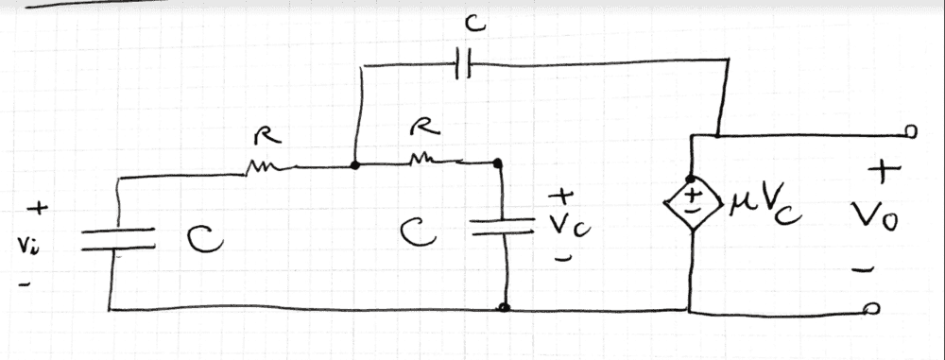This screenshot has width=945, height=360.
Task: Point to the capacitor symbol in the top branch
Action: pyautogui.click(x=463, y=64)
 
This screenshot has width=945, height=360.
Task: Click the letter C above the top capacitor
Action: pyautogui.click(x=475, y=25)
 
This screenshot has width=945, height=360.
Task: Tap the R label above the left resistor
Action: pyautogui.click(x=267, y=136)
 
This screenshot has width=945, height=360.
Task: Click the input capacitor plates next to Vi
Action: pyautogui.click(x=117, y=239)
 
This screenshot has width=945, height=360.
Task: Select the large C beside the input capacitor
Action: pyautogui.click(x=204, y=239)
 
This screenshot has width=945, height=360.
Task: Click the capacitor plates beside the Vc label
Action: pyautogui.click(x=502, y=227)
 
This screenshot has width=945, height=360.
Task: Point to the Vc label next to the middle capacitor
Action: pyautogui.click(x=569, y=226)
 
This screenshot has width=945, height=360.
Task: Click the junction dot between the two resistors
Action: pyautogui.click(x=355, y=164)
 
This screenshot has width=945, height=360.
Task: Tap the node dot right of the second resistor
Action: pyautogui.click(x=497, y=163)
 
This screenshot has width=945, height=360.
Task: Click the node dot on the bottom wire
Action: pyautogui.click(x=505, y=307)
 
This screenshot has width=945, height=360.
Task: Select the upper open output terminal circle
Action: pyautogui.click(x=911, y=131)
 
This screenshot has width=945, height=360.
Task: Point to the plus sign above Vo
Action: pyautogui.click(x=883, y=172)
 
